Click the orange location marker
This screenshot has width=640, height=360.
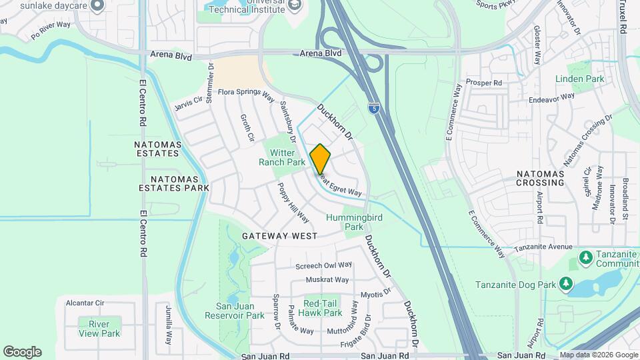(x=321, y=159)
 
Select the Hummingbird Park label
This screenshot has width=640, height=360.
(x=345, y=222)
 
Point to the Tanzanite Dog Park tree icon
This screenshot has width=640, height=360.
(x=566, y=285)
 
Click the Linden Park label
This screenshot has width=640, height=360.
(x=579, y=79)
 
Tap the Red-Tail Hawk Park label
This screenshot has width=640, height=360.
(x=319, y=308)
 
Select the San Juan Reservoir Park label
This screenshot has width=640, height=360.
(x=235, y=311)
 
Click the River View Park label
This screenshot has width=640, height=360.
(x=99, y=329)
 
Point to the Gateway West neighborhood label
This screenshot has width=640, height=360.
(x=279, y=236)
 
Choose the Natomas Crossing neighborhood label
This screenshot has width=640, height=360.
(x=541, y=178)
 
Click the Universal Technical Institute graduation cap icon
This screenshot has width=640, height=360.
(x=295, y=5)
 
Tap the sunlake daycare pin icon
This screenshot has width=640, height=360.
(x=97, y=6)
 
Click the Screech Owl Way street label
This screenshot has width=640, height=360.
(x=323, y=265)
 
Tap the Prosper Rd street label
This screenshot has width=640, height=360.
(x=484, y=83)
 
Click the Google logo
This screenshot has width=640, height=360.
(x=22, y=352)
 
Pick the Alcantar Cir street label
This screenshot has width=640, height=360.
(x=85, y=303)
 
